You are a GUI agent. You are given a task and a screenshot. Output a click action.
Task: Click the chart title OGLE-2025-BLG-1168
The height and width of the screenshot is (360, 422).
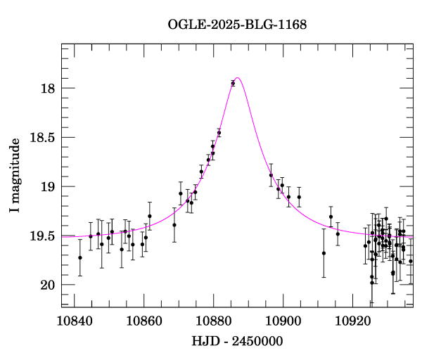(237, 25)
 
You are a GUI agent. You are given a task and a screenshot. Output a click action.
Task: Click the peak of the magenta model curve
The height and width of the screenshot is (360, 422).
(238, 77)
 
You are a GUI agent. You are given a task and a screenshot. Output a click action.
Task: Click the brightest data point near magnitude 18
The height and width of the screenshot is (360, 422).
(233, 83)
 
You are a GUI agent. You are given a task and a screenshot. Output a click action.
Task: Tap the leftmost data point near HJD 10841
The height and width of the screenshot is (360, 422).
(80, 257)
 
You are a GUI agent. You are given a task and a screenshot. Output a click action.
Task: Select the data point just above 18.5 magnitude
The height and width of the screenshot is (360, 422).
(219, 132)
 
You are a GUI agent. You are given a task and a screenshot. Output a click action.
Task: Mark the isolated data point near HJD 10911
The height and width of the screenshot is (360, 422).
(324, 253)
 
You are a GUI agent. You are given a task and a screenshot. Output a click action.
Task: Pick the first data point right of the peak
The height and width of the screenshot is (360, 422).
(271, 175)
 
